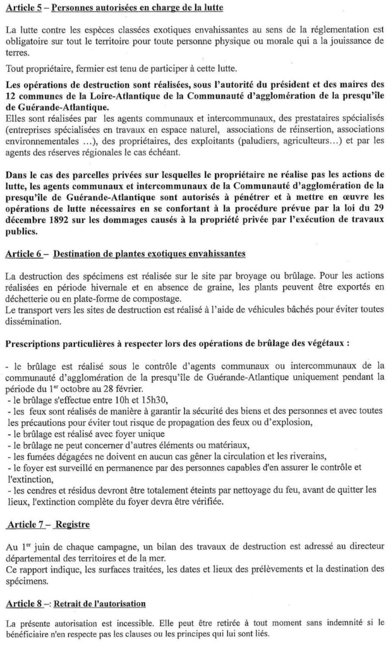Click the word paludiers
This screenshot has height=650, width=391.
pyautogui.click(x=260, y=141)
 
